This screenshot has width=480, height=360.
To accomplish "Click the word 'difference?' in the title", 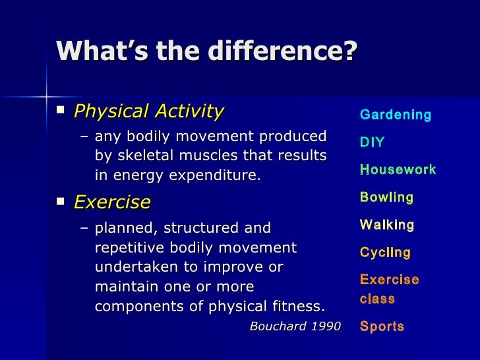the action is (x=283, y=51).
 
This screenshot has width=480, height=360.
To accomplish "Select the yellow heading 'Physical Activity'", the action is (x=149, y=111).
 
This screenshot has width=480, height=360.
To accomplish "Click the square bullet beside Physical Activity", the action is (x=61, y=109).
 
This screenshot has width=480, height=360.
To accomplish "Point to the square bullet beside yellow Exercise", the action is (x=61, y=201).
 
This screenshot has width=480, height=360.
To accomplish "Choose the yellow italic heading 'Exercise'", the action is (x=112, y=202).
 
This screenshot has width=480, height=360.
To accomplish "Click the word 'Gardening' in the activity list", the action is (x=396, y=115).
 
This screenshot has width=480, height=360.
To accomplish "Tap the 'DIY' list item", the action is (x=372, y=142).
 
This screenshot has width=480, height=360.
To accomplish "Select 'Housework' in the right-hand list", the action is (x=398, y=169).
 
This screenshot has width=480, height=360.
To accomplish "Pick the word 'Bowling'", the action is (x=386, y=197).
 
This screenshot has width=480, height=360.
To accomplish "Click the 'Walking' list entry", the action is (x=387, y=225).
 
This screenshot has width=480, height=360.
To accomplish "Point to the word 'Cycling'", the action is (x=385, y=253).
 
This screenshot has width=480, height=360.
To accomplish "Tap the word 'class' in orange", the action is (x=377, y=299).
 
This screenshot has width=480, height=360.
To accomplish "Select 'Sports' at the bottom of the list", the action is (x=382, y=326).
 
